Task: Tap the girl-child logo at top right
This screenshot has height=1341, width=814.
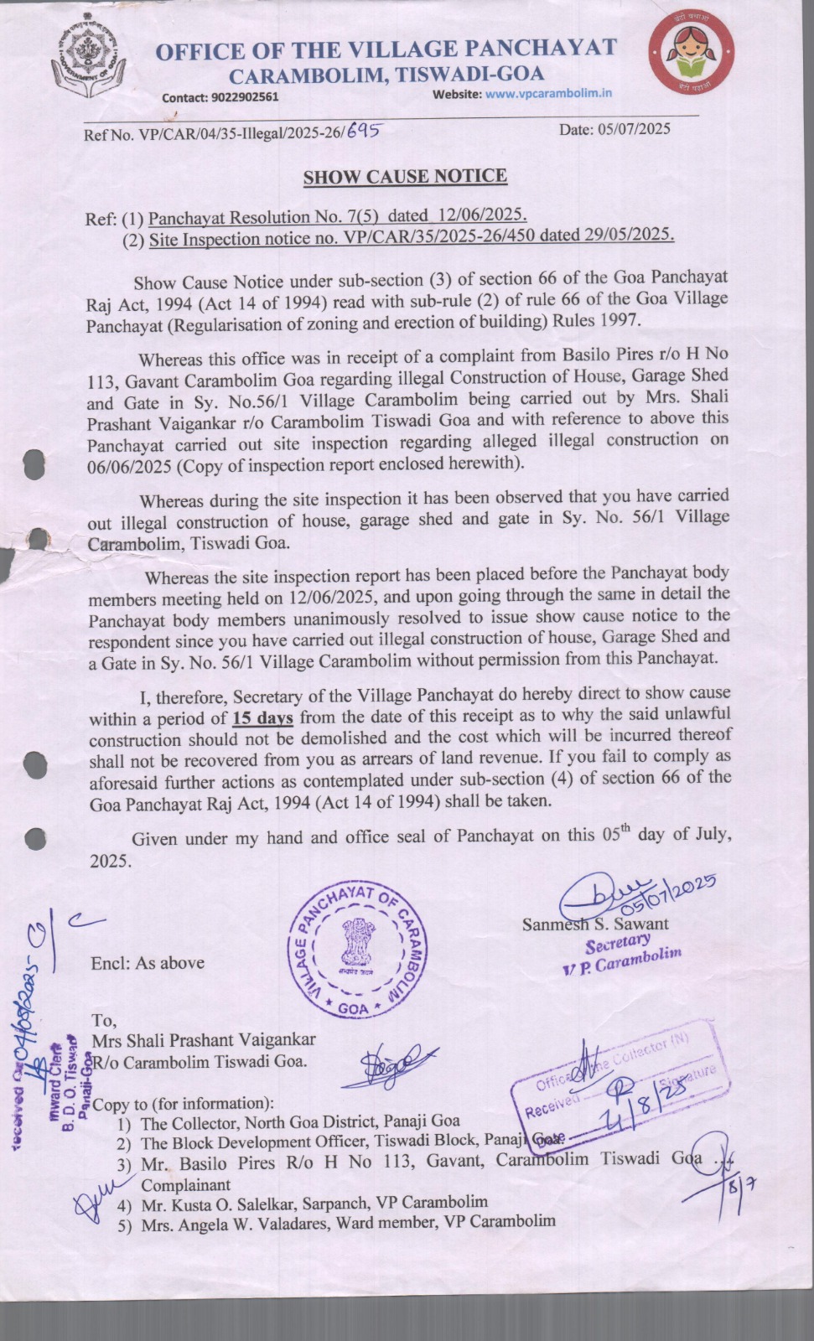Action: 692,56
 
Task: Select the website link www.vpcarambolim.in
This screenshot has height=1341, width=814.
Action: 548,94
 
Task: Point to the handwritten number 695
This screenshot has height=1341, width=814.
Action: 365,130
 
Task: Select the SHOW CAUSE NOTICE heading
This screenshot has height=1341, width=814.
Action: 405,177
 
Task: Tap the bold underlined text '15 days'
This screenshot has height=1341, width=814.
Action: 262,718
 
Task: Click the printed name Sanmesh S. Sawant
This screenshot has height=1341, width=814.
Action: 595,924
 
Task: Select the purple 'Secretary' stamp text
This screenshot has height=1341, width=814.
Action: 618,945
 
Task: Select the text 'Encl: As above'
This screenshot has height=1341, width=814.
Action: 148,963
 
